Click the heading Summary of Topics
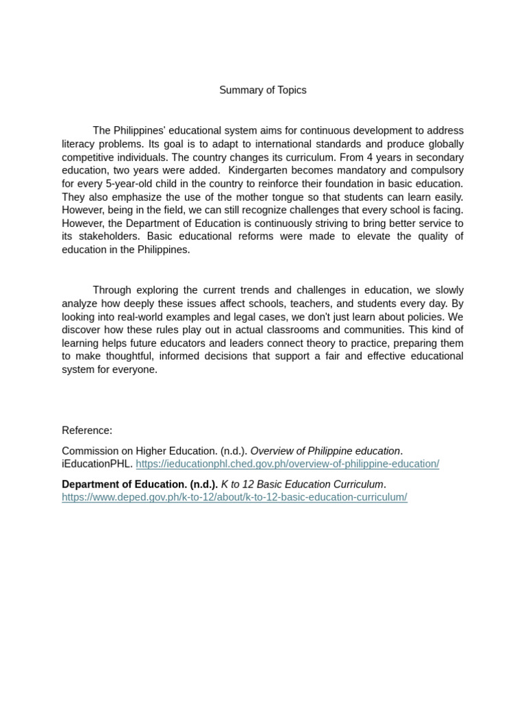(x=262, y=90)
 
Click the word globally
(x=442, y=144)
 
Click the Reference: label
(x=87, y=431)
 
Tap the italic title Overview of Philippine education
(x=325, y=451)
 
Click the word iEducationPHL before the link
(x=97, y=464)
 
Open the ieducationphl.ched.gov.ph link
(x=287, y=464)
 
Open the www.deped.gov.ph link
(x=234, y=498)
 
